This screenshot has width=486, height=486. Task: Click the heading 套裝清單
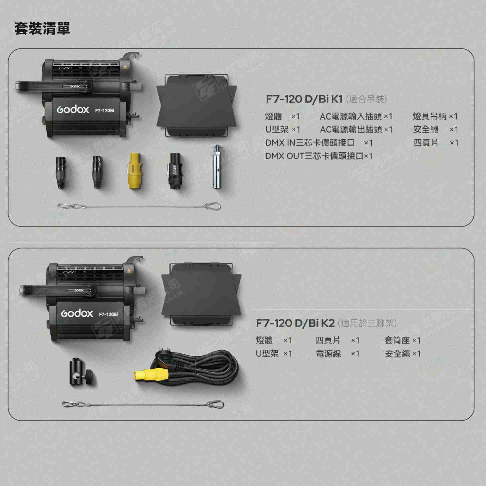tap(42, 28)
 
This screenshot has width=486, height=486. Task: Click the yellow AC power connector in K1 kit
tap(133, 171)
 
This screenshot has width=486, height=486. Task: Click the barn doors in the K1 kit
tap(197, 106)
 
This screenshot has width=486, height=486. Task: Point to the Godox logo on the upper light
tap(73, 109)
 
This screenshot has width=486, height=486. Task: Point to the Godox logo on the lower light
tap(77, 313)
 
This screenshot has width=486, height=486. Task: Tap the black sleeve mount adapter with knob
tap(80, 372)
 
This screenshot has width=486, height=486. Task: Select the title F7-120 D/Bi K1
tap(304, 99)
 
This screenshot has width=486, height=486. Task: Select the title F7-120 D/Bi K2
tap(295, 323)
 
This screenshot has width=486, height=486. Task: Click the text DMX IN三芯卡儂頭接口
tap(310, 143)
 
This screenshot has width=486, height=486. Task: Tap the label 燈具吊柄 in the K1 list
tap(429, 116)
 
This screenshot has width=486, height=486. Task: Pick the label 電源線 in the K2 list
tap(328, 353)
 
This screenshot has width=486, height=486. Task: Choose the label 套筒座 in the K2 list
tap(397, 340)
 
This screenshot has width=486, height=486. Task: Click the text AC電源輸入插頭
tap(351, 116)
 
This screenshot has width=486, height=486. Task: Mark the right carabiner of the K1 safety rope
tap(212, 206)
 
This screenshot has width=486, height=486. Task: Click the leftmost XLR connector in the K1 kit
tap(60, 172)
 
